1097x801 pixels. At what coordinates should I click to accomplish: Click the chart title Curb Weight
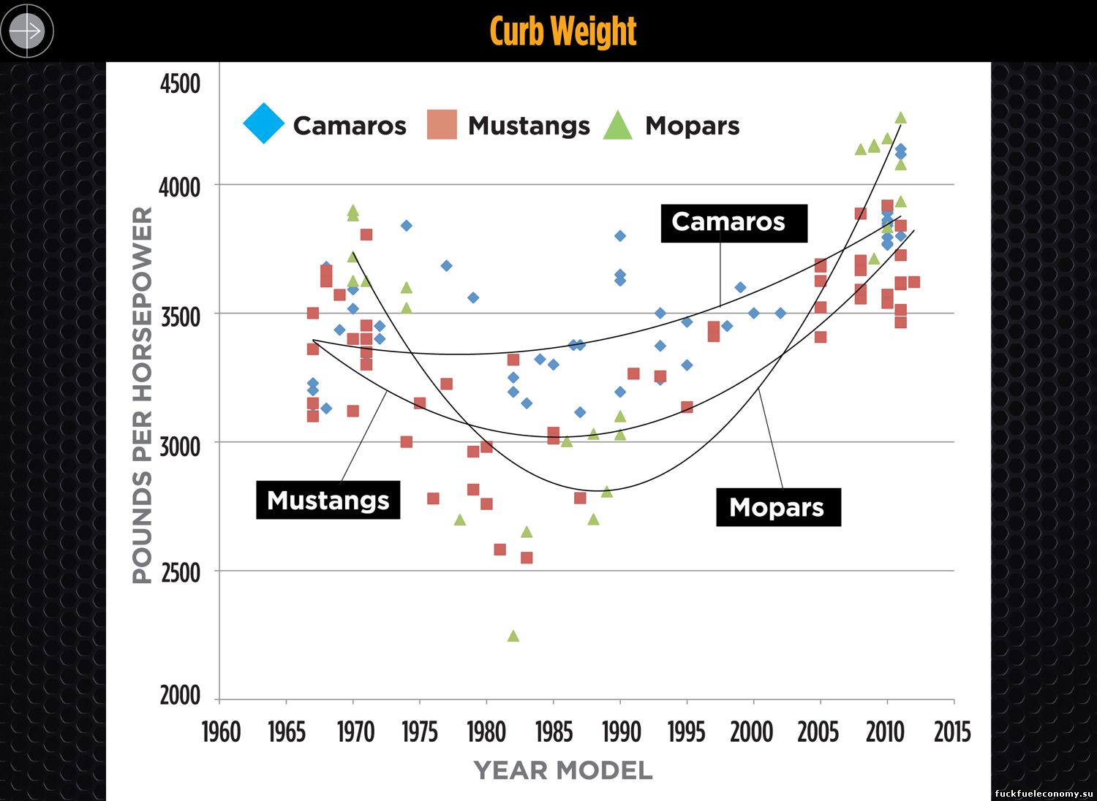562,31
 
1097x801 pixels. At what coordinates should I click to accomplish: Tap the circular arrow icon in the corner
27,31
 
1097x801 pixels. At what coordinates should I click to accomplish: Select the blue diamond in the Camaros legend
263,124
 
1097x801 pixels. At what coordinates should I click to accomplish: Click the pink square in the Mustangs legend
442,124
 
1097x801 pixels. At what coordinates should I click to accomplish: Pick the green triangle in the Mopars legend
618,126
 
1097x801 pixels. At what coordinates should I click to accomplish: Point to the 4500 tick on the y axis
180,84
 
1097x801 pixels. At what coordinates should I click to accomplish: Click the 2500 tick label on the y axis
180,572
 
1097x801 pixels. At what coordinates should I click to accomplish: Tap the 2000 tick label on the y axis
180,695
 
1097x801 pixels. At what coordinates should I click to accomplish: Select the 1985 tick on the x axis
554,732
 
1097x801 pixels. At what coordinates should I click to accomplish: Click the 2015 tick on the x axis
952,732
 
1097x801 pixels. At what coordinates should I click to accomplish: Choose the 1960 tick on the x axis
221,732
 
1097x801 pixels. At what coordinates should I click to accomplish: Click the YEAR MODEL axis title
563,770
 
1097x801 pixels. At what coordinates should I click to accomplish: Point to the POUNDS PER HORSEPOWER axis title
143,395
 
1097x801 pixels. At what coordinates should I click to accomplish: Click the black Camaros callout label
734,223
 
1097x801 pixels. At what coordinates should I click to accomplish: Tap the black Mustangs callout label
328,501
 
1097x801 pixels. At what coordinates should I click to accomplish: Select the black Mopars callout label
777,507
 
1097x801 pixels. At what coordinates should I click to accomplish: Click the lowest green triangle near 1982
513,637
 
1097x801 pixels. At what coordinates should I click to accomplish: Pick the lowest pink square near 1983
527,558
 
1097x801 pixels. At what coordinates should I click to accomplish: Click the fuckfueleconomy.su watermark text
1044,794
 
